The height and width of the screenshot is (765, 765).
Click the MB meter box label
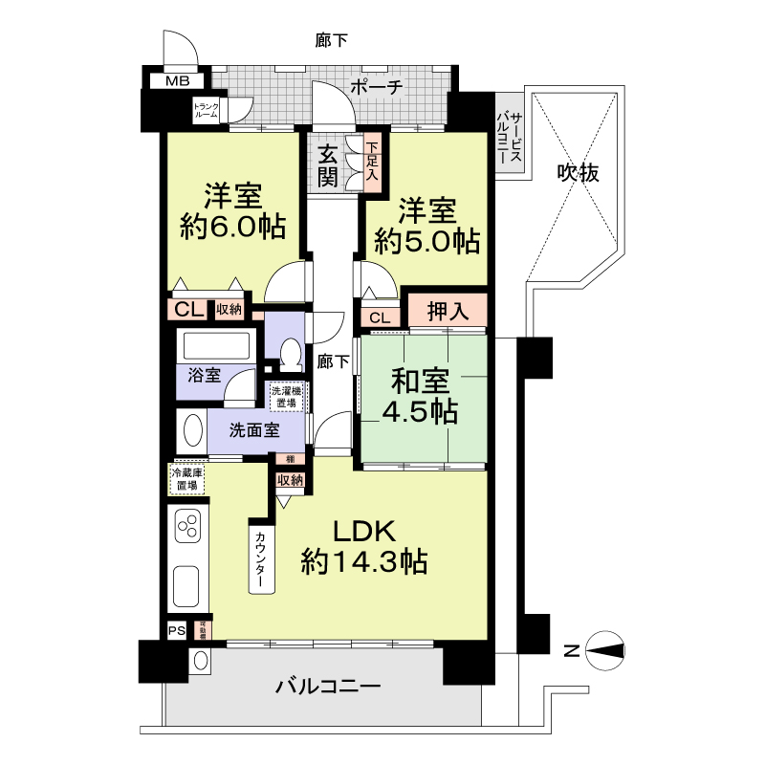[177, 81]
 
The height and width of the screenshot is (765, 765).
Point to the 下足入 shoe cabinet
[371, 164]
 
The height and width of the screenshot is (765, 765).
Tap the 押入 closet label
[448, 311]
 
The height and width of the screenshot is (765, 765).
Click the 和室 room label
[421, 382]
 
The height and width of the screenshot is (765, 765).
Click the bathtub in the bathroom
[218, 344]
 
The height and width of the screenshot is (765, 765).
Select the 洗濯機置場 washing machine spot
[287, 397]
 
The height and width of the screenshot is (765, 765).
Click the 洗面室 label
[253, 429]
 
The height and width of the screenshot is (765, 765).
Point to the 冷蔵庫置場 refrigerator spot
[186, 479]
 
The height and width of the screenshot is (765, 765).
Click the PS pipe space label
[176, 630]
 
